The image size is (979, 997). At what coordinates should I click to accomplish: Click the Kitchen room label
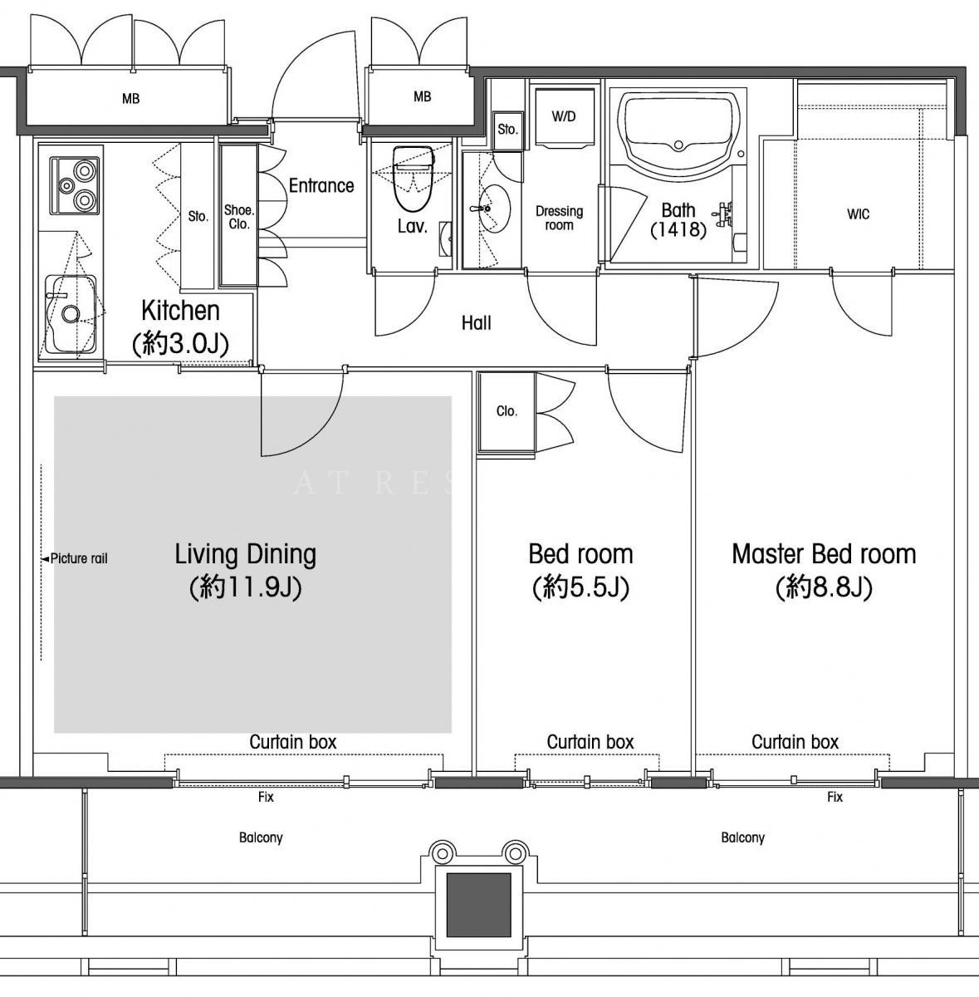180,311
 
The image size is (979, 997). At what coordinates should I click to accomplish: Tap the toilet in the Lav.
414,179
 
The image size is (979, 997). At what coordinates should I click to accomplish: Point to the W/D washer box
564,117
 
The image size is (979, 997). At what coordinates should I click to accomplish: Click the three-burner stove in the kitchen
75,186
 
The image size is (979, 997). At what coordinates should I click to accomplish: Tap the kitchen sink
71,313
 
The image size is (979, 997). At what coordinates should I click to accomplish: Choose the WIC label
858,214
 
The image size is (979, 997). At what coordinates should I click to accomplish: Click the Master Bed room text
824,553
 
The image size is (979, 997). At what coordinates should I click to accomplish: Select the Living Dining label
245,554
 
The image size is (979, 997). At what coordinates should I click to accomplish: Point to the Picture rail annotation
75,558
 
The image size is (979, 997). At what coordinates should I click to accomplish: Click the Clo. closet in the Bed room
507,412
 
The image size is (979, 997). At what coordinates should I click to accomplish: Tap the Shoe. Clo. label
239,217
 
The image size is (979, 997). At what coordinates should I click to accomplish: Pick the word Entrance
321,185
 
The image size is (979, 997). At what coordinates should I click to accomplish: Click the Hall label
477,323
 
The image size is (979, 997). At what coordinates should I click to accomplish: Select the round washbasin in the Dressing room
494,209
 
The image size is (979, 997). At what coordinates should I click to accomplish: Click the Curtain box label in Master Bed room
795,742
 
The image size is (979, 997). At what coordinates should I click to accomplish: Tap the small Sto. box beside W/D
508,130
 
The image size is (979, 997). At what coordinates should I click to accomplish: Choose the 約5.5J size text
580,587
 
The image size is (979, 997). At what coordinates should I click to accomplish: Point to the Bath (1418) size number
678,229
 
